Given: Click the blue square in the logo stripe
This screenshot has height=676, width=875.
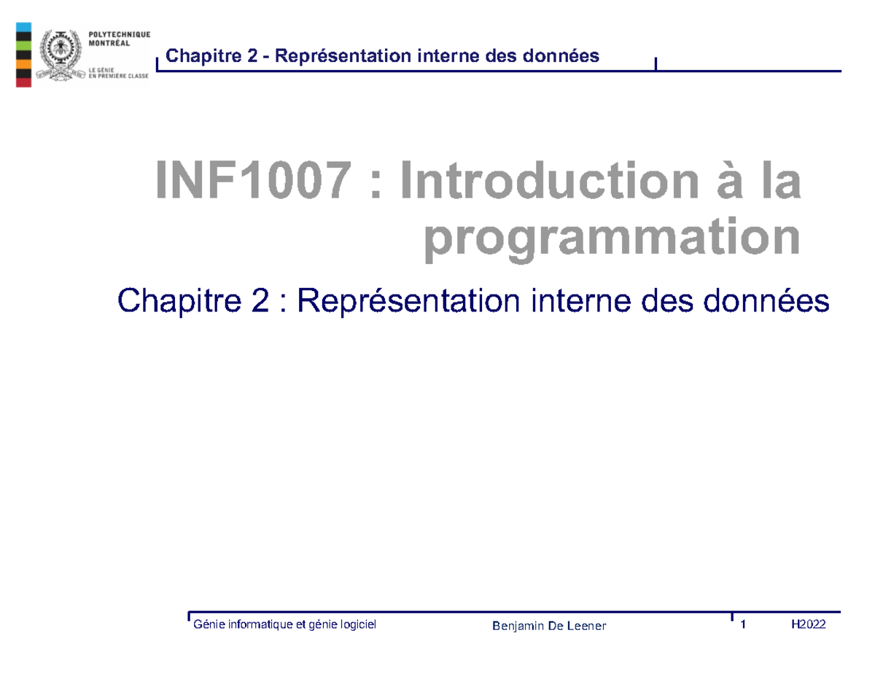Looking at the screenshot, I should pos(23,27).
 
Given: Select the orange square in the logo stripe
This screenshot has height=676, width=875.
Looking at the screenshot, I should pos(23,63).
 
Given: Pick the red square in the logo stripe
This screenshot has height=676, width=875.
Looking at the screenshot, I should pos(23,81).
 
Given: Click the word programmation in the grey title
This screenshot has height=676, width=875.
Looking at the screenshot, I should pos(611,238).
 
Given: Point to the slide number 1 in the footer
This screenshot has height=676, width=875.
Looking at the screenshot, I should pos(744,624).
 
